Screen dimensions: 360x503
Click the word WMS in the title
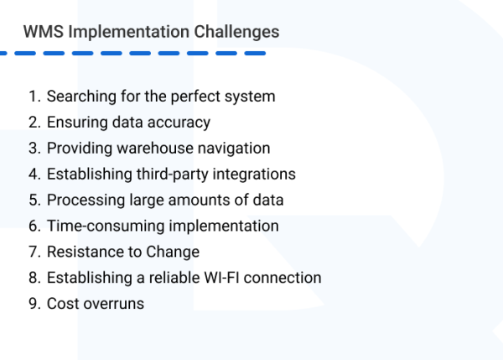point(42,32)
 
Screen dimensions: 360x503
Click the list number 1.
point(33,97)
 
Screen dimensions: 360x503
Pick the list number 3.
point(33,149)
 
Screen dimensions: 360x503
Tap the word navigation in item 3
point(234,149)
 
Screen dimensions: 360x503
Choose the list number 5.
point(33,201)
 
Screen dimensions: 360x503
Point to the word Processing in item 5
point(82,201)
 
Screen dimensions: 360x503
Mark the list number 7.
point(33,252)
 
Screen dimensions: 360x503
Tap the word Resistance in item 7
point(82,252)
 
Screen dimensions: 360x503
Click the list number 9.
point(33,304)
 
